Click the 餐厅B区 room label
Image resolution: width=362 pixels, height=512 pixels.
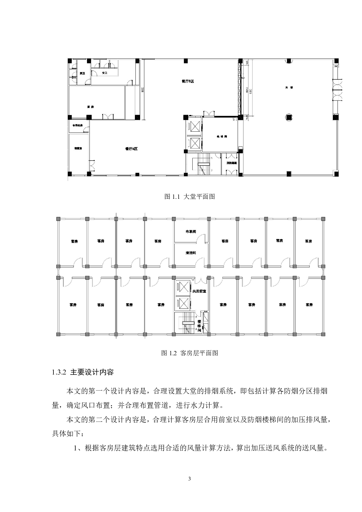[x=188, y=81]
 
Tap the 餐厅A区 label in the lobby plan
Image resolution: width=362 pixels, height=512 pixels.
[x=131, y=149]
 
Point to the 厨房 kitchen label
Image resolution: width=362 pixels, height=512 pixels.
[x=90, y=107]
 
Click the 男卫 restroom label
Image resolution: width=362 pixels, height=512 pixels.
[x=82, y=73]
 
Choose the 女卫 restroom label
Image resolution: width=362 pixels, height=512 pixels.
[x=104, y=73]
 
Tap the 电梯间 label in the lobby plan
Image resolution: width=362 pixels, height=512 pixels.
[x=222, y=136]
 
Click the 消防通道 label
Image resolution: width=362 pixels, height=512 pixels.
[x=232, y=163]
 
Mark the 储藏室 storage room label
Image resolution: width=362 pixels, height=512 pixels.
[x=78, y=148]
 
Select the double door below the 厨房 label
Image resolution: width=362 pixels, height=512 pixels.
[x=108, y=116]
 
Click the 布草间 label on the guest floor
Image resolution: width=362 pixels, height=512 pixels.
[x=191, y=231]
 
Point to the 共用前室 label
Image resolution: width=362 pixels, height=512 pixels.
[x=199, y=291]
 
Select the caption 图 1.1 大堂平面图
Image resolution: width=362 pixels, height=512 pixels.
[x=190, y=196]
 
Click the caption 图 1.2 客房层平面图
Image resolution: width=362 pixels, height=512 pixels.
[x=190, y=353]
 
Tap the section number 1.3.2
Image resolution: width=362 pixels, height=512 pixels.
[x=60, y=372]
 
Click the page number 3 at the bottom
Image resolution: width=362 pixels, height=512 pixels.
[x=189, y=478]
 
